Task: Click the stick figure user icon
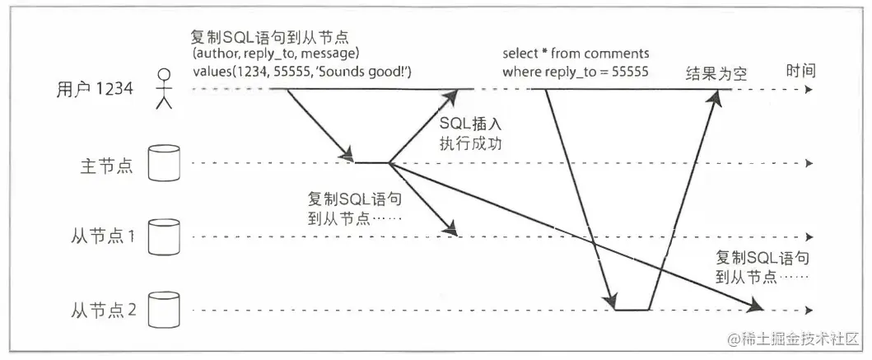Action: pos(164,88)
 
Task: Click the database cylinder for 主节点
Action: pos(163,163)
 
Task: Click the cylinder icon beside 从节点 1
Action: pos(163,236)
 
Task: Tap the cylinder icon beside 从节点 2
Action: pos(163,310)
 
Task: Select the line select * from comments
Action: pos(576,54)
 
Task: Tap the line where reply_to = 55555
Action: pos(576,72)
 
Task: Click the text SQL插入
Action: pos(471,124)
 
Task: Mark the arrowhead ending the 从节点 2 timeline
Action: pos(811,311)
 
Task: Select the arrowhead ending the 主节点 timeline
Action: pos(811,164)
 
